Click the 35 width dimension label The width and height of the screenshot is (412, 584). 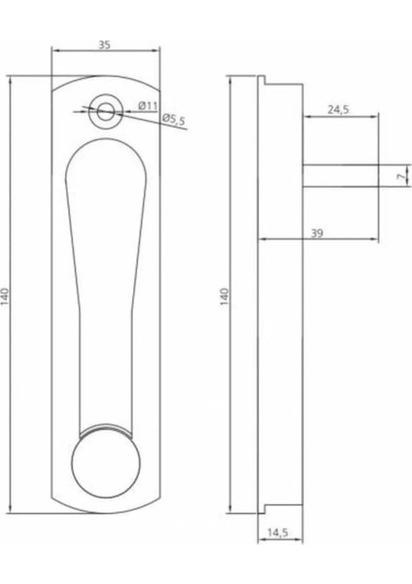tap(105, 44)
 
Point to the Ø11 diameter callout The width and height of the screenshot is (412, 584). tap(148, 105)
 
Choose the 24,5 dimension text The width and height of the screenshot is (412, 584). tap(339, 109)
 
